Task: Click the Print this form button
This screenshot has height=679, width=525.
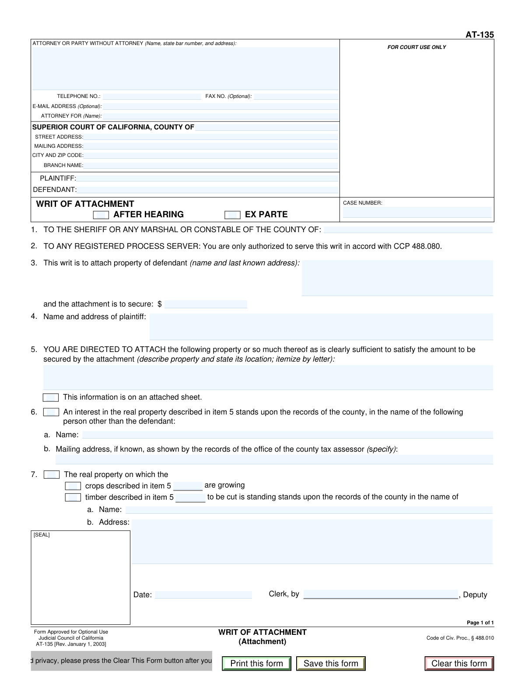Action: pos(256,663)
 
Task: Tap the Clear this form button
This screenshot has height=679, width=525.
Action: pos(459,663)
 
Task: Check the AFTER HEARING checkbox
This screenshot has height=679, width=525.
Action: pos(101,215)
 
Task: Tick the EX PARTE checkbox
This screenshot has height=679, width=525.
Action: pos(232,215)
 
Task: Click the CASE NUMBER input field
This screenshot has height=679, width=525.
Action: pos(417,212)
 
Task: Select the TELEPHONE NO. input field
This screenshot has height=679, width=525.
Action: pos(152,97)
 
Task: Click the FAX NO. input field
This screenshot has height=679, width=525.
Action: pos(296,97)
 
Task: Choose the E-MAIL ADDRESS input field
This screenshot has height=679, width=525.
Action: pos(220,106)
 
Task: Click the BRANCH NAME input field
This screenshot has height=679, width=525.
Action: pos(210,165)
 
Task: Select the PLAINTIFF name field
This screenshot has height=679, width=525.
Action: pos(207,178)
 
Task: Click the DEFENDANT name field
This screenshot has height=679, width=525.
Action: pos(207,190)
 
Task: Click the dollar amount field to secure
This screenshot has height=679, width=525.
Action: pos(206,304)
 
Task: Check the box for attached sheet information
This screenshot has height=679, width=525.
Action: pos(51,397)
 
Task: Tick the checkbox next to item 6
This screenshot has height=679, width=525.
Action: pos(51,412)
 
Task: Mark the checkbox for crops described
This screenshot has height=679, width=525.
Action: pos(73,486)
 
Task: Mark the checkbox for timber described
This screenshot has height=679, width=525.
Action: pos(73,497)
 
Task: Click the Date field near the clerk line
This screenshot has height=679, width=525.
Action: pos(203,595)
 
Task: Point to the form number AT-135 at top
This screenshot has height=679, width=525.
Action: pos(479,35)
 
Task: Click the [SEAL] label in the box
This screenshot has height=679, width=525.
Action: pos(42,535)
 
